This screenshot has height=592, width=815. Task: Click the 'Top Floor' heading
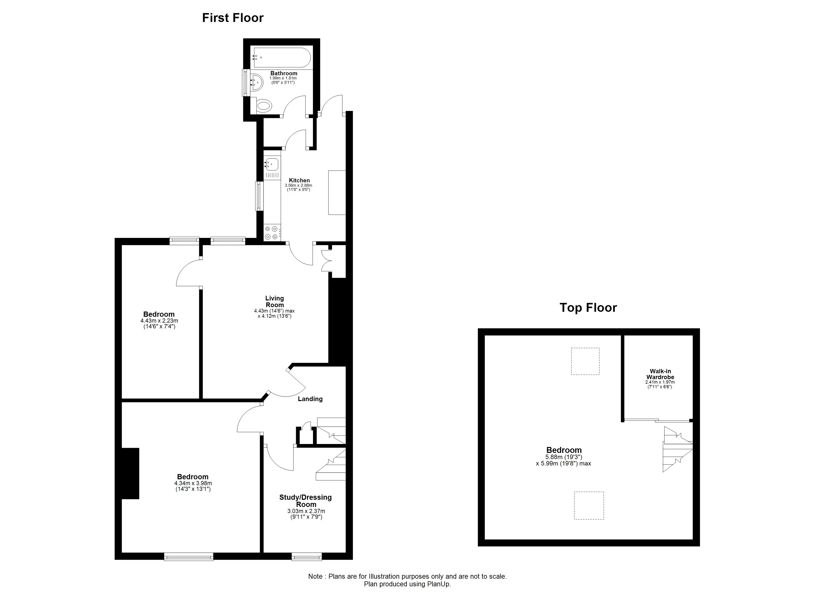coord(588,308)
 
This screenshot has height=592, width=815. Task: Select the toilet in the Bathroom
coord(264,106)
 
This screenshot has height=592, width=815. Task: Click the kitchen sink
coord(272,165)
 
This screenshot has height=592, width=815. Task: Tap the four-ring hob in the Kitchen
coord(271,232)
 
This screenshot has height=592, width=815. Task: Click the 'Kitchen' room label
coord(299,180)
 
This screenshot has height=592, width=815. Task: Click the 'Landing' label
coord(310,399)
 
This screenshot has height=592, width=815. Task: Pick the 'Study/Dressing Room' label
coord(306,501)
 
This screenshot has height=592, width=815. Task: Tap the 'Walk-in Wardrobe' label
coord(660,374)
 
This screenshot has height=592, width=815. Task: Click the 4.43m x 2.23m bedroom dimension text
coord(159,321)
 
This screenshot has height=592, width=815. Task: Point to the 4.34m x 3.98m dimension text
coord(193,483)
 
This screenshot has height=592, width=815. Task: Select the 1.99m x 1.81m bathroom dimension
coord(283,78)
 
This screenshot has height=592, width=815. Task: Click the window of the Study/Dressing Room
coord(306,557)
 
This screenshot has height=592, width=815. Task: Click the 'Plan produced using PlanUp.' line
coord(407,584)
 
